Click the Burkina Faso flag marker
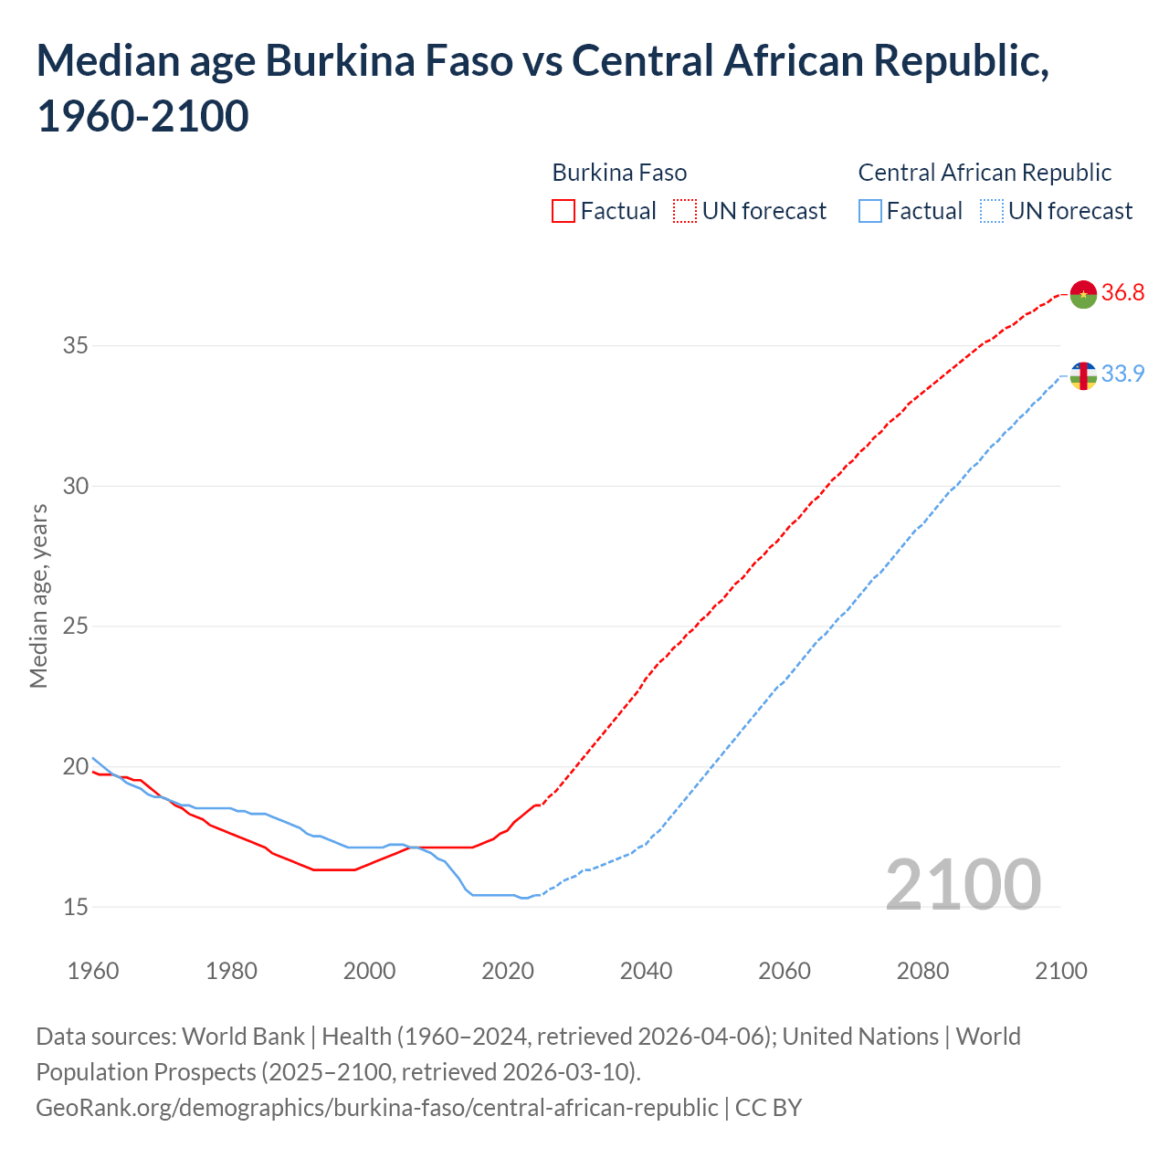[x=1083, y=294]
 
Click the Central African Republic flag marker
[x=1083, y=375]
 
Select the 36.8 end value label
[x=1122, y=293]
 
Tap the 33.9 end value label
[x=1122, y=374]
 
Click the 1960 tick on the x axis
[x=93, y=971]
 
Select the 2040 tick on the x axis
[x=646, y=971]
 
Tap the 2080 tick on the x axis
[x=922, y=971]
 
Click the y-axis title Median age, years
[x=38, y=595]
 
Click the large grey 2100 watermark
[x=963, y=885]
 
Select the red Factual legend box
[x=563, y=212]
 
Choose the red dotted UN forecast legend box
[x=685, y=212]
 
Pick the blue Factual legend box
[x=870, y=212]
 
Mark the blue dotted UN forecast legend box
[x=991, y=212]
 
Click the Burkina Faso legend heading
[x=619, y=173]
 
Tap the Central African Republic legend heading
[x=985, y=173]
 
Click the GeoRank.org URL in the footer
[x=376, y=1108]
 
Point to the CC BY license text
[x=768, y=1108]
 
